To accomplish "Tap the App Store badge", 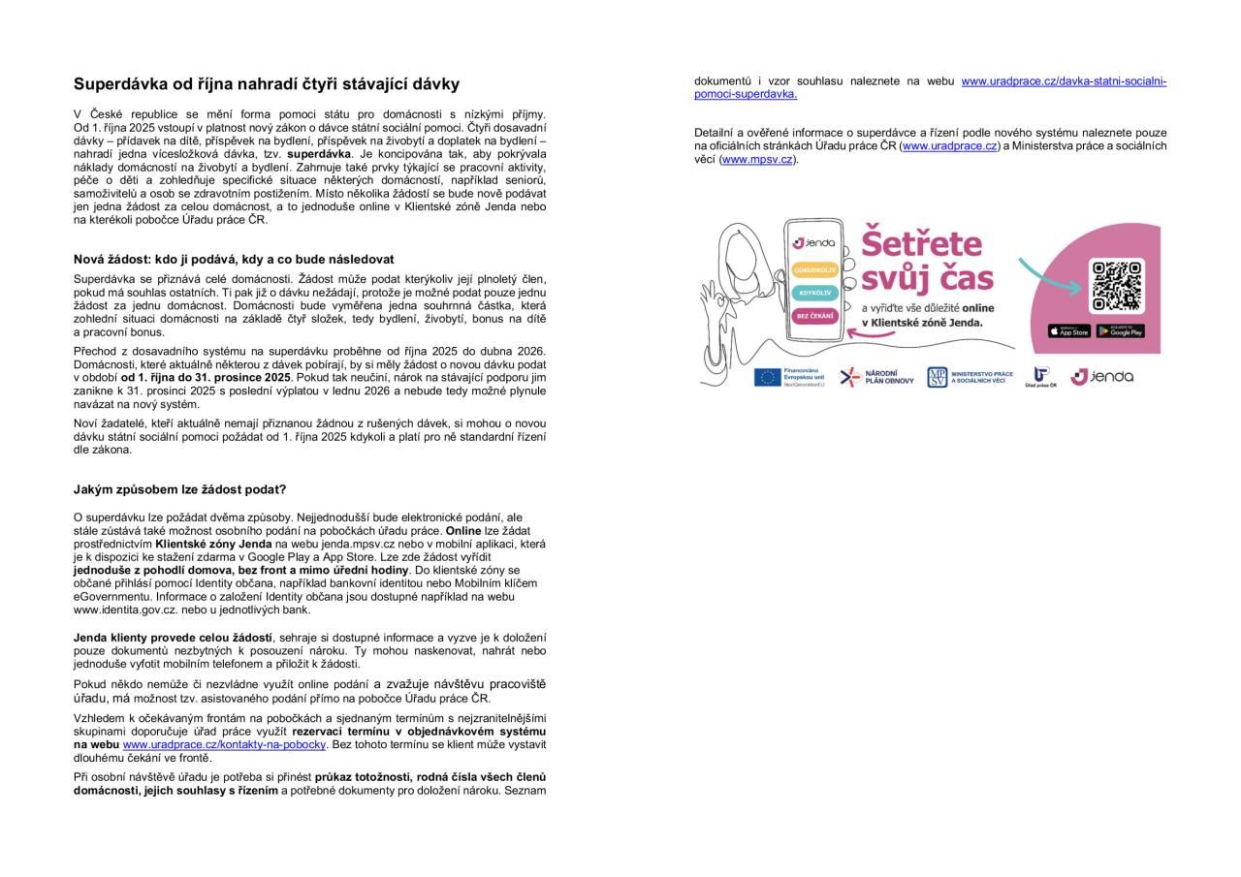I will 1068,331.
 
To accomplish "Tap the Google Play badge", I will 1121,331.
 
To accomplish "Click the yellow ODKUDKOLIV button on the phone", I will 815,270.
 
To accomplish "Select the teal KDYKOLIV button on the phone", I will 815,293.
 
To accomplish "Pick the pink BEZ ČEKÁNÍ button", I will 815,316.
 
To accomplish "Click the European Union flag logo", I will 768,377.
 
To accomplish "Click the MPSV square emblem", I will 937,377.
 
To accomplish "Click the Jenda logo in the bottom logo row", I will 1101,377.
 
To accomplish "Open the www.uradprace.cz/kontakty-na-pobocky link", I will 224,745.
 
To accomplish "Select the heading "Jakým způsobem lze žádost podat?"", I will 179,489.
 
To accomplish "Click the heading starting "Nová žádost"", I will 233,260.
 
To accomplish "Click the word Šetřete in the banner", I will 921,243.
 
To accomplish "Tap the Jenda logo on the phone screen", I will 814,242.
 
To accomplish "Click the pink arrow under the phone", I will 871,334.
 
